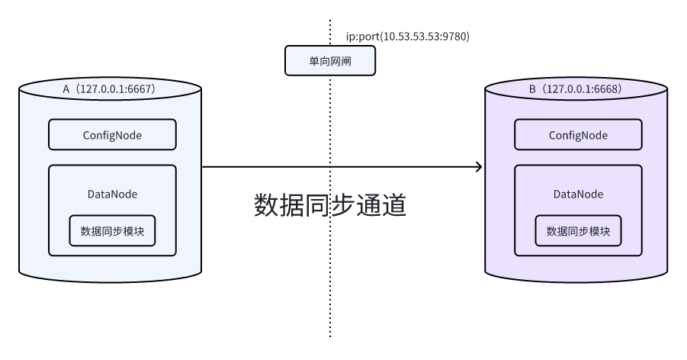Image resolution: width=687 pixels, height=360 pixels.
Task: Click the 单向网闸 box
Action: click(330, 60)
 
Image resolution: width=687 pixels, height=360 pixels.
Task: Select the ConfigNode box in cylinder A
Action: click(112, 135)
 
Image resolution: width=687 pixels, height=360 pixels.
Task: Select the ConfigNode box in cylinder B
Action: click(578, 135)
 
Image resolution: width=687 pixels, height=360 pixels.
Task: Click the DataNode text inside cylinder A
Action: click(112, 194)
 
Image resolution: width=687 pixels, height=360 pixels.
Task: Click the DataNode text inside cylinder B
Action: click(578, 194)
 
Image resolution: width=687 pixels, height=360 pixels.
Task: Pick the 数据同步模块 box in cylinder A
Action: click(112, 231)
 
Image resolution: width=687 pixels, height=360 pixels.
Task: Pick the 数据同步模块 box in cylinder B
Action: click(578, 231)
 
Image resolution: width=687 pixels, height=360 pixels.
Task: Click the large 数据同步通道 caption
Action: click(329, 206)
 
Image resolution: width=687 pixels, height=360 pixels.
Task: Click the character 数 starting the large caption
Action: click(267, 206)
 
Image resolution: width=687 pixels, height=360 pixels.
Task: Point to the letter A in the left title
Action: click(66, 89)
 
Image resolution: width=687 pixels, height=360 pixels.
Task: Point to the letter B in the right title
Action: click(532, 89)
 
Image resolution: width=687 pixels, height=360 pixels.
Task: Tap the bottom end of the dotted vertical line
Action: click(330, 336)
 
